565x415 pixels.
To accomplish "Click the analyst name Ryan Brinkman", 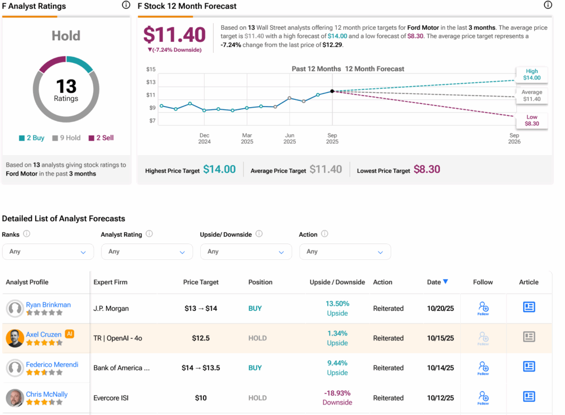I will coord(48,305).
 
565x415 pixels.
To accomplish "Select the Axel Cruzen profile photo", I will coord(15,338).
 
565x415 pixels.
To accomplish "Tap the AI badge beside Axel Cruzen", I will coord(70,334).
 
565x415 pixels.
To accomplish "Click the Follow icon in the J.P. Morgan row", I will coord(483,308).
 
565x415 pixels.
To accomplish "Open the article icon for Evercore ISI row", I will coord(529,396).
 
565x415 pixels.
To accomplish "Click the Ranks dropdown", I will coord(48,252).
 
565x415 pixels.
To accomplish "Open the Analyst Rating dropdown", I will coord(147,252).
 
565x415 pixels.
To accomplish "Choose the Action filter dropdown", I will coord(345,252).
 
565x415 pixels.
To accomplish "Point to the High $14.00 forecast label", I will coord(531,75).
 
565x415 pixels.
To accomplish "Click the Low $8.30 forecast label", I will coord(531,120).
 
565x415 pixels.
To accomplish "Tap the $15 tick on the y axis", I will coord(151,69).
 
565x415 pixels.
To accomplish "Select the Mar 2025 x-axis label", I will coord(247,138).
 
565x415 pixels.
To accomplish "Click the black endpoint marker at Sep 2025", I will coord(332,91).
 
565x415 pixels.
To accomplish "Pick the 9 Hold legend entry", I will coord(66,138).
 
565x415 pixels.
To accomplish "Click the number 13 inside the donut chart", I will coord(66,87).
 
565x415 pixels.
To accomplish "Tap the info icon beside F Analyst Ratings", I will coord(126,6).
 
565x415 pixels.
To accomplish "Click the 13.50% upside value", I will coord(337,304).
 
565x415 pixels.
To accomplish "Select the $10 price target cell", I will coord(201,398).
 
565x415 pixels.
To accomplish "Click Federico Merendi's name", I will coord(52,364).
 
